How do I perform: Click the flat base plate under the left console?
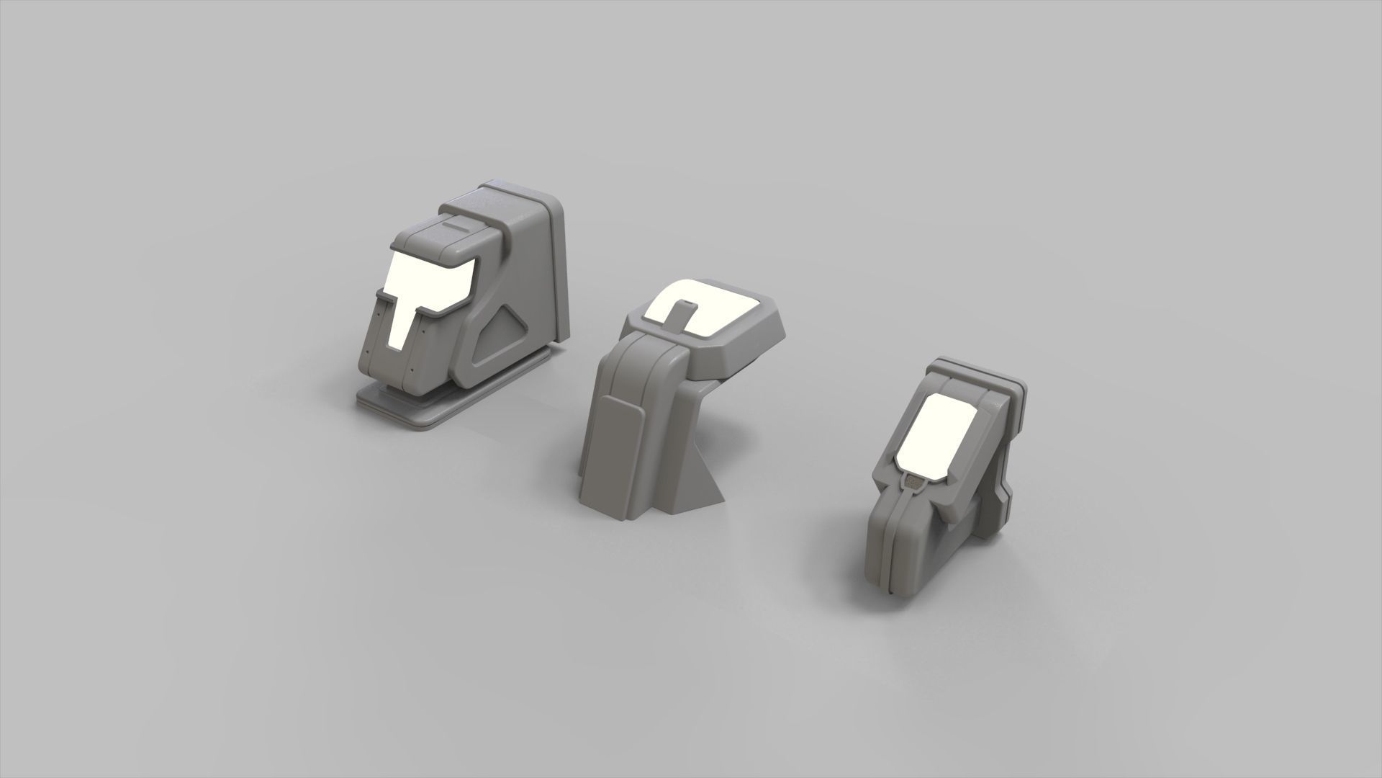(x=403, y=409)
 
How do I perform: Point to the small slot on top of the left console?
(x=454, y=225)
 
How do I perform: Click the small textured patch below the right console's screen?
(x=914, y=483)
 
